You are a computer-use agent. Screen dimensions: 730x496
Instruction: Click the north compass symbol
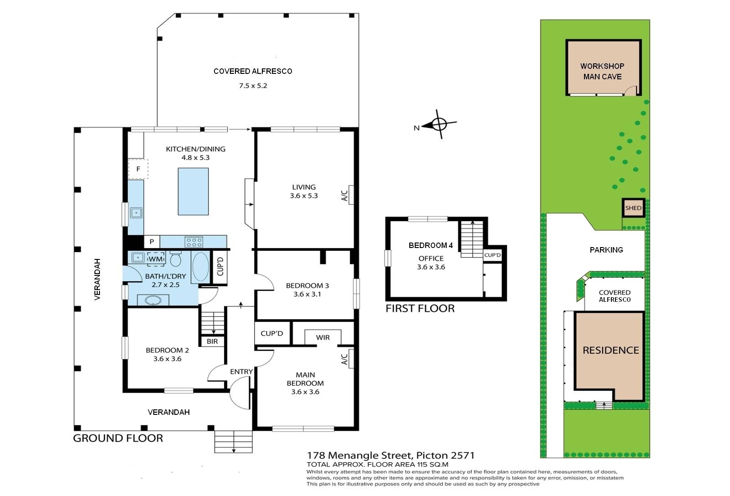click(x=439, y=124)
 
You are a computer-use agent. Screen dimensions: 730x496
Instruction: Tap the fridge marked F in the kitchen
click(x=138, y=169)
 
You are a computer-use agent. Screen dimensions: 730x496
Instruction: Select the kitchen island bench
click(x=193, y=191)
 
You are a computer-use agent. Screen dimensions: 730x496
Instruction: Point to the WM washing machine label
click(x=156, y=259)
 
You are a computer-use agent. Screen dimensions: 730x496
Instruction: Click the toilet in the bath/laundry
click(x=176, y=258)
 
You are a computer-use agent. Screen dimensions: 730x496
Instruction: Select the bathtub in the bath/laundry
click(x=201, y=267)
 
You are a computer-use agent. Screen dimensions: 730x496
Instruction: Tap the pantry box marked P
click(x=151, y=242)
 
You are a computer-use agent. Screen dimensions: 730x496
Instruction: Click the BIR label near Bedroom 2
click(x=212, y=341)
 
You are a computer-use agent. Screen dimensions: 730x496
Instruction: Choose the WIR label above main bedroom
click(x=323, y=337)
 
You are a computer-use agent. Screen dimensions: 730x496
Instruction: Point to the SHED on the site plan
click(x=633, y=208)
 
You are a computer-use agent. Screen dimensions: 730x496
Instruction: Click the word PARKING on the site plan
click(x=606, y=250)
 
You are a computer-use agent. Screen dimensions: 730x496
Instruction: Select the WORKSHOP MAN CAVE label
click(x=602, y=71)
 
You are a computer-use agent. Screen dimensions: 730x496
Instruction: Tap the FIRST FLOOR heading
click(x=420, y=309)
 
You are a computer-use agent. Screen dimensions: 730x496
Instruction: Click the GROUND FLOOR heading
click(x=118, y=438)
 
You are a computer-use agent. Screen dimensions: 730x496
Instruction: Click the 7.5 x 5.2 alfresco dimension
click(x=253, y=86)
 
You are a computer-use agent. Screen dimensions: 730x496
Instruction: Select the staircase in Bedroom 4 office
click(x=472, y=239)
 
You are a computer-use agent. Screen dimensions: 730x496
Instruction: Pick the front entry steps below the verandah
click(x=233, y=442)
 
